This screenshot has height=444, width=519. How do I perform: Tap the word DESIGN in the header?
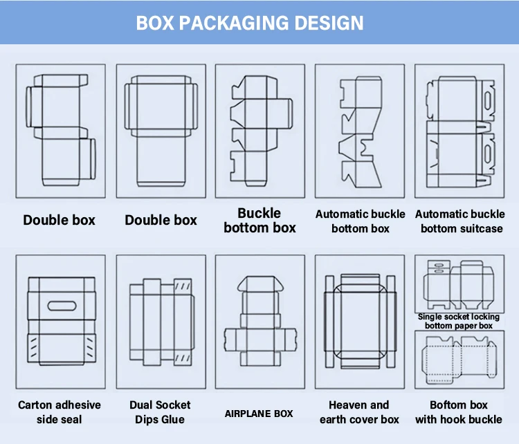click(329, 22)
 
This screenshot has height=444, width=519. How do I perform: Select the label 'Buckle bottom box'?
click(259, 221)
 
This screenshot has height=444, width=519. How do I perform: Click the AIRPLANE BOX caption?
click(259, 414)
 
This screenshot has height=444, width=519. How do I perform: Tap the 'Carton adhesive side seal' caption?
click(60, 412)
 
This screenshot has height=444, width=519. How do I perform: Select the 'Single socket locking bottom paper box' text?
click(459, 321)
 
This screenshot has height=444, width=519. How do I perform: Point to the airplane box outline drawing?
click(259, 322)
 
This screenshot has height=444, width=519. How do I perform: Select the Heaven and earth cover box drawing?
click(359, 322)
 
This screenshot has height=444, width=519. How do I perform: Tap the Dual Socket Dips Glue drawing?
click(161, 322)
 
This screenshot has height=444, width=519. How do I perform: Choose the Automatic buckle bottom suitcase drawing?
click(459, 131)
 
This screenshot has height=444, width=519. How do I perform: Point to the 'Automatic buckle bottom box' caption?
click(360, 221)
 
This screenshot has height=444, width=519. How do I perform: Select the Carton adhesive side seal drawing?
click(60, 322)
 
